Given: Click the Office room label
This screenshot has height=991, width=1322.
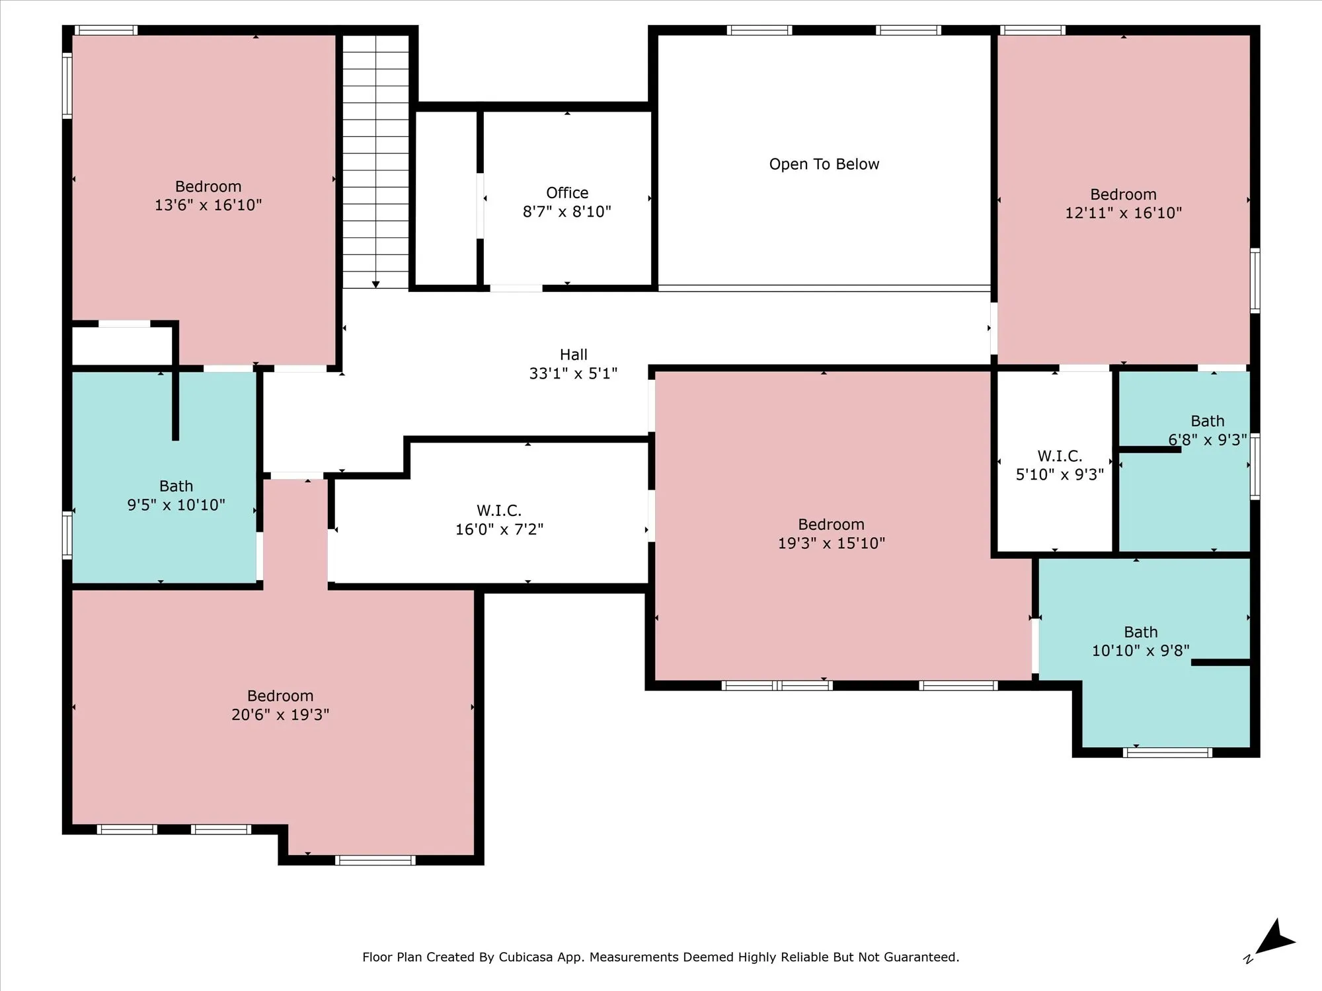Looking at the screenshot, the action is click(x=567, y=193).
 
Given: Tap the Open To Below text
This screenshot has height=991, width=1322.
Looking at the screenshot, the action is click(x=824, y=165).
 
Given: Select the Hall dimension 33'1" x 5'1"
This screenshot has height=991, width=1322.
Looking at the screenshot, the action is click(x=573, y=373).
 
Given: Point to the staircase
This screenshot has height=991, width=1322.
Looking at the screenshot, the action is click(x=375, y=161).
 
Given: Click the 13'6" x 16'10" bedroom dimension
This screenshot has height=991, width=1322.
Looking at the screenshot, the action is click(x=208, y=205).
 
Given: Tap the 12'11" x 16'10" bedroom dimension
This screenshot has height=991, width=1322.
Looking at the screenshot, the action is click(x=1123, y=213).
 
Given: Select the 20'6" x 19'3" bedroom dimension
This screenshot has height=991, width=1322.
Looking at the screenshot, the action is click(x=280, y=714).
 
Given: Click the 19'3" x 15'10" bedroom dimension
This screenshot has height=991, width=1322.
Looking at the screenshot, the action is click(x=832, y=543).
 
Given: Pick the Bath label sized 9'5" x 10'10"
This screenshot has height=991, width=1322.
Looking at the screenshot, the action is click(x=176, y=486).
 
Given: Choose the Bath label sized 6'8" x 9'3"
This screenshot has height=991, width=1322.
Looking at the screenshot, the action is click(x=1208, y=421).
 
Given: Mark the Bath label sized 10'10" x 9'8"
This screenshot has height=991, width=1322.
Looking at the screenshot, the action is click(x=1141, y=632).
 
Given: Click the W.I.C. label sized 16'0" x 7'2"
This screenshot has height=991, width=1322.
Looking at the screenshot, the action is click(x=499, y=511).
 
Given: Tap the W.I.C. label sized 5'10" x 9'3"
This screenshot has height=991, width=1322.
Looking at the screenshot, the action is click(x=1060, y=456).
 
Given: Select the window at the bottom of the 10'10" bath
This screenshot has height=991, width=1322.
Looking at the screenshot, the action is click(x=1168, y=752).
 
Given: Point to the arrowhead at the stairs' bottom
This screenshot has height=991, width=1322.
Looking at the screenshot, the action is click(x=375, y=285).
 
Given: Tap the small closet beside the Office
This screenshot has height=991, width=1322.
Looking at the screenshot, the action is click(x=446, y=198).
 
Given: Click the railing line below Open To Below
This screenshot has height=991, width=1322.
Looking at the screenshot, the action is click(x=824, y=288).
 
